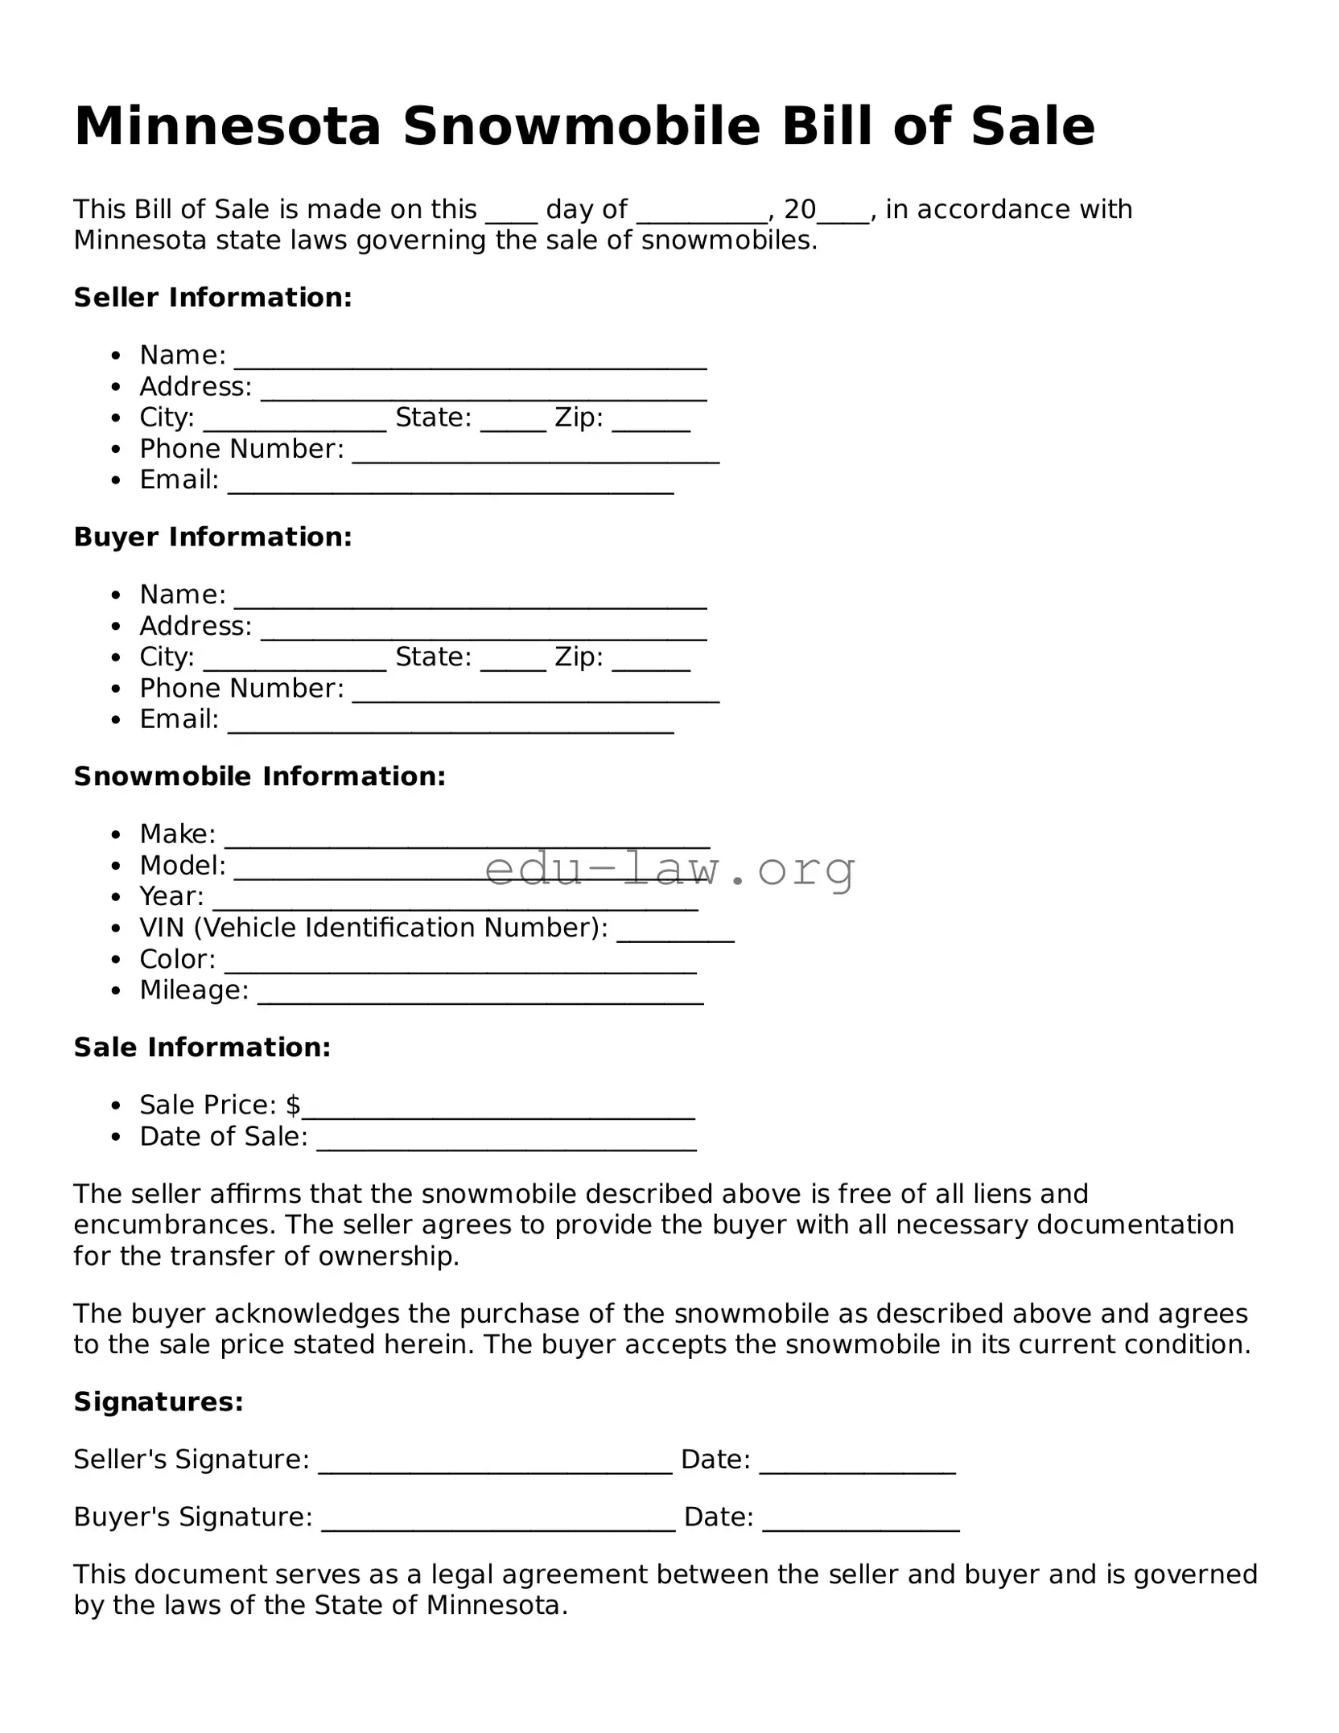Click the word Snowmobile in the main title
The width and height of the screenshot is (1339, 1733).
581,126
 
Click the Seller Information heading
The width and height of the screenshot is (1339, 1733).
212,298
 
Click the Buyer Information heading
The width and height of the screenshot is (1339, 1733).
212,537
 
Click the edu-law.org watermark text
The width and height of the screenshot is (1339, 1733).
669,869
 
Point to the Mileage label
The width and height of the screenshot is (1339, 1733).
194,990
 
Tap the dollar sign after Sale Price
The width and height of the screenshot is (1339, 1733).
293,1105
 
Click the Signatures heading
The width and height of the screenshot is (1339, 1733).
159,1402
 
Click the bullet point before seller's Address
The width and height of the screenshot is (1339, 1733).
117,387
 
